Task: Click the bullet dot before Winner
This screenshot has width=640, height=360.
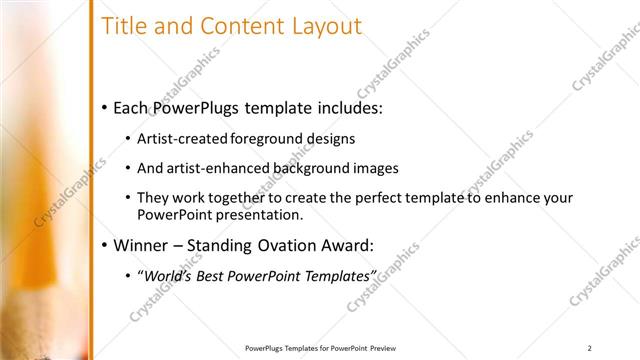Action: (105, 245)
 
